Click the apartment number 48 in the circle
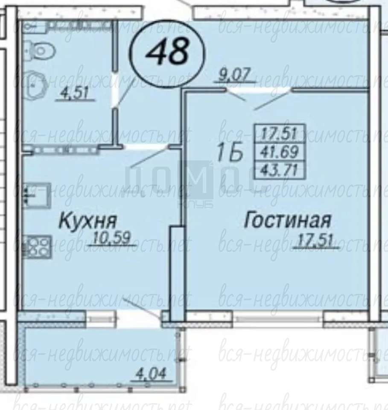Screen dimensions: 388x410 point(167,51)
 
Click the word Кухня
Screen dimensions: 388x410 point(88,221)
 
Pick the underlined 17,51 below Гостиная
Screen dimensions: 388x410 point(316,240)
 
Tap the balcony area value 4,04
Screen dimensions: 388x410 point(151,375)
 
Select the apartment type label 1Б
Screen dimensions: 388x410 point(230,152)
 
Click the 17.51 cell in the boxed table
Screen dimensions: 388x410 point(280,133)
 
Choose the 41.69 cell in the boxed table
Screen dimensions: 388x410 point(280,151)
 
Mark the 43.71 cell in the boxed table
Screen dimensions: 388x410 point(280,170)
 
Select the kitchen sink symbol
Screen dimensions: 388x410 point(36,195)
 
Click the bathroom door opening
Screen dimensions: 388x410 point(115,89)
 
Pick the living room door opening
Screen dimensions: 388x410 point(258,90)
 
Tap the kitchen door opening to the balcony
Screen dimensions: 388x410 point(140,319)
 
